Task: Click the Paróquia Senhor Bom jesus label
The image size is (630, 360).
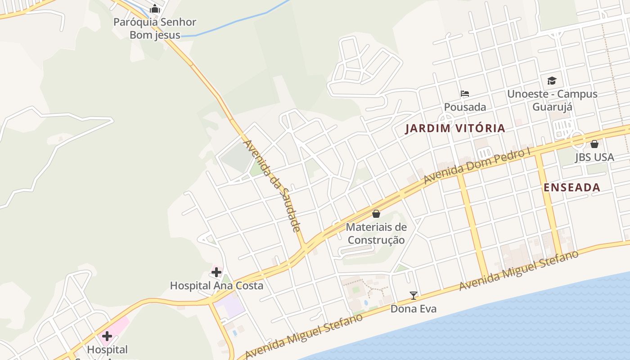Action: (x=155, y=28)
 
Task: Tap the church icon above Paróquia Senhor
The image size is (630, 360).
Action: (x=155, y=9)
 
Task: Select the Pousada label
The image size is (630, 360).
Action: (x=465, y=107)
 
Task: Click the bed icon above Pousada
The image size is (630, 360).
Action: (x=465, y=94)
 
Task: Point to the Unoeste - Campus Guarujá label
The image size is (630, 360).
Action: (x=552, y=100)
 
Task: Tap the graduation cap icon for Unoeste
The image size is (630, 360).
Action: (x=552, y=81)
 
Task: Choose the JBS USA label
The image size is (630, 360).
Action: (x=594, y=157)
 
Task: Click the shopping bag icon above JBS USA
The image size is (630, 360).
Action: (x=594, y=144)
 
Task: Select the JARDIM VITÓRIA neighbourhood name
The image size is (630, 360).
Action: (x=455, y=128)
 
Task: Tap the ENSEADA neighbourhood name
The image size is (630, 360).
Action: (x=572, y=188)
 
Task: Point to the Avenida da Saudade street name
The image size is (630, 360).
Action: (x=272, y=185)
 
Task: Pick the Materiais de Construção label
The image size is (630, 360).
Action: (x=376, y=234)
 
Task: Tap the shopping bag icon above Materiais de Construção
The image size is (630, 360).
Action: (x=376, y=214)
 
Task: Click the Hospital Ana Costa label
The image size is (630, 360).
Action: (x=216, y=285)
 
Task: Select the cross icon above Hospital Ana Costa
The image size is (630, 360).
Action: (x=216, y=272)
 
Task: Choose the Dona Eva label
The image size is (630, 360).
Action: (x=413, y=309)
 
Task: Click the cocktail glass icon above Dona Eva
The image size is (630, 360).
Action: (x=414, y=296)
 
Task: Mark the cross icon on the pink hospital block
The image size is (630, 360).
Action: (x=107, y=336)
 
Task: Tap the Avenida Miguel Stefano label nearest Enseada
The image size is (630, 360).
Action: (x=519, y=270)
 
